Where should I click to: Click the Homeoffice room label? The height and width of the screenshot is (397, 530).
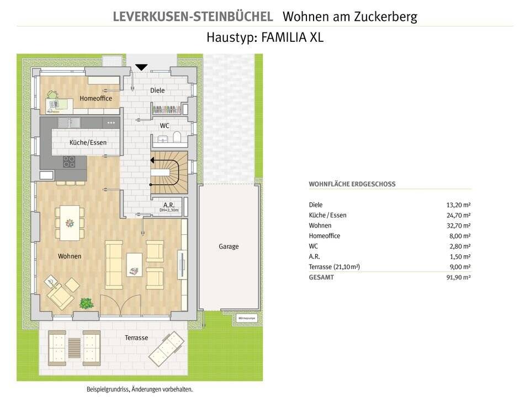point(96,99)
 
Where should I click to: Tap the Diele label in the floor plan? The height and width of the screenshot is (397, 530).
point(157,90)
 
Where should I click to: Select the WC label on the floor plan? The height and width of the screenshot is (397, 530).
point(165,126)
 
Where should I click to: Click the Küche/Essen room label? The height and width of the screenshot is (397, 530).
point(88,143)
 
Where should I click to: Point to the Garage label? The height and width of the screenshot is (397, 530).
point(229,246)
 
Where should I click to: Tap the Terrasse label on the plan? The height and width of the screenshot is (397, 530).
point(136,337)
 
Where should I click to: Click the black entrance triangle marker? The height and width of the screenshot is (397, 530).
point(142,67)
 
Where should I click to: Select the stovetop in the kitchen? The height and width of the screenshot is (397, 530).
point(70,161)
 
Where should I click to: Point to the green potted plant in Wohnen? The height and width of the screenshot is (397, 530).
point(86,303)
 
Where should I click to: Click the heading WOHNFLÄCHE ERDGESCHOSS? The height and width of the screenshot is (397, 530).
point(352,184)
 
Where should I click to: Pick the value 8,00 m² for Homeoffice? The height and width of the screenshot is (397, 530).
point(460,236)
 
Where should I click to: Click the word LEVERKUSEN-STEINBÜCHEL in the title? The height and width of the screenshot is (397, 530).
point(193,17)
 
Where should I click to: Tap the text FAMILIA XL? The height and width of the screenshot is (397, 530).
point(294,38)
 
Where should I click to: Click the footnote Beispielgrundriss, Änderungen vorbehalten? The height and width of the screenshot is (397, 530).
point(140,389)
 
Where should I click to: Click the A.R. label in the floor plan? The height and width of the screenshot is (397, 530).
point(169,205)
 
